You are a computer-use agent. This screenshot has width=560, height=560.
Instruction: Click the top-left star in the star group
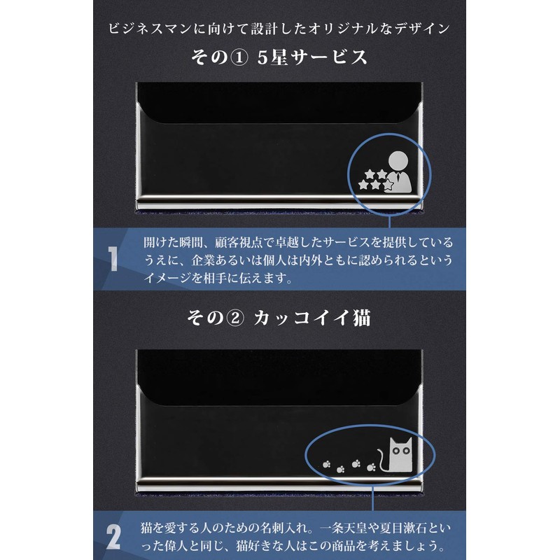(369, 174)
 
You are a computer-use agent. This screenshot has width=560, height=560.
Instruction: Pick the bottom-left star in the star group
(364, 185)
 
